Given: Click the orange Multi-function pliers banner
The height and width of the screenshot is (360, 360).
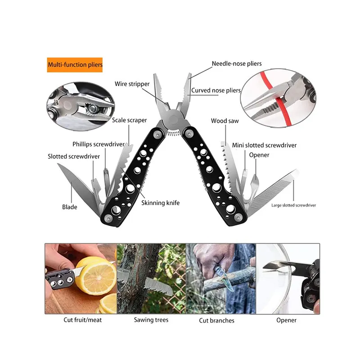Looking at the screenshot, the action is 75,65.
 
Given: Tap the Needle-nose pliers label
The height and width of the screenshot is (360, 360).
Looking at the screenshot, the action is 237,63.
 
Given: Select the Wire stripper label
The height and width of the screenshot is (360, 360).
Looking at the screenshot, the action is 132,84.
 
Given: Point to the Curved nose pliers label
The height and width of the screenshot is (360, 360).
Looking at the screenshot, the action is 216,90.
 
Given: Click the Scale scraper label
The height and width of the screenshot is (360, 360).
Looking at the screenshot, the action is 129,120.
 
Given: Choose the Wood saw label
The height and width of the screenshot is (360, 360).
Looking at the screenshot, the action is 225,121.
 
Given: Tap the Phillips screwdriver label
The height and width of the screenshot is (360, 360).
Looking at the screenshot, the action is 99,144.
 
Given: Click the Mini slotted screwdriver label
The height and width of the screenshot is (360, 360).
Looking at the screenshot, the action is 264,145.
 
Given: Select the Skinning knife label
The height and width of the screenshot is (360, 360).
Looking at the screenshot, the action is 161,203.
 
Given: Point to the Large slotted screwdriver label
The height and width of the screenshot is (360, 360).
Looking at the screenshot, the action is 294,205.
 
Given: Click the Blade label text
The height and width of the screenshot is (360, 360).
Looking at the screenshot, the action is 70,207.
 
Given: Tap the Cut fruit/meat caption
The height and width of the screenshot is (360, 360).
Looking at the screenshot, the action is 83,320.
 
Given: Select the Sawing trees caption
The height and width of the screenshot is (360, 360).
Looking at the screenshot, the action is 151,320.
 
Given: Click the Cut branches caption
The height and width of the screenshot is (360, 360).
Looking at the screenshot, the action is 217,320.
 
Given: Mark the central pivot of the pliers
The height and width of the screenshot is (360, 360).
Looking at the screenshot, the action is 174,119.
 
